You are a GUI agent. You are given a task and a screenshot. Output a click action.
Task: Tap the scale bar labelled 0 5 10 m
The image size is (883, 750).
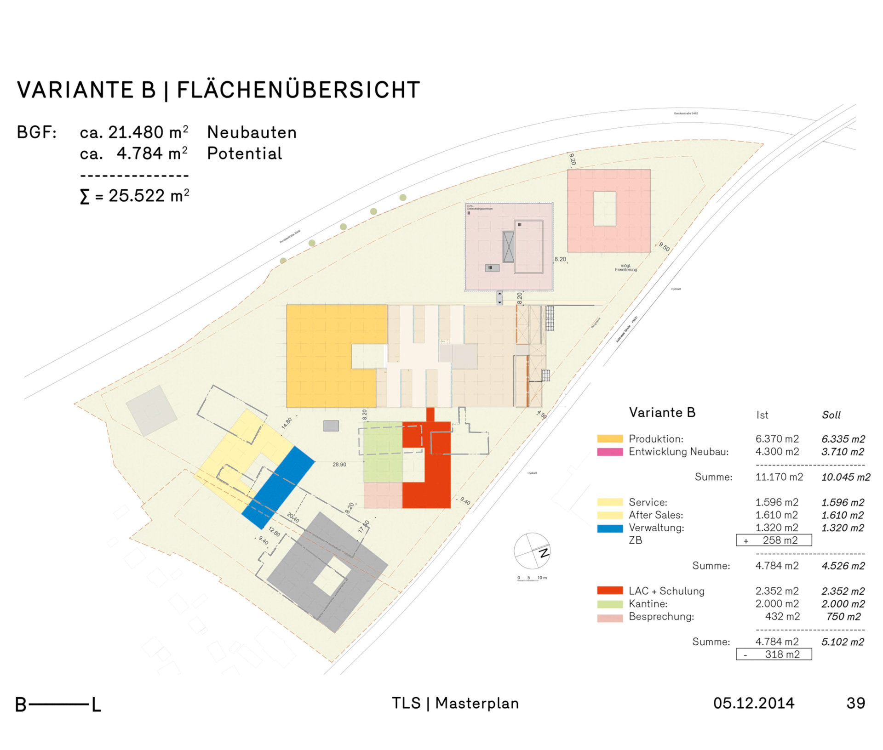(532, 579)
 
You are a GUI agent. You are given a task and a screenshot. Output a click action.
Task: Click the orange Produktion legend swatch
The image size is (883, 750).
(609, 439)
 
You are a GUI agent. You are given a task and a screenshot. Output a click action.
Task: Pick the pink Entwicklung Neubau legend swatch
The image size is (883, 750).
(609, 452)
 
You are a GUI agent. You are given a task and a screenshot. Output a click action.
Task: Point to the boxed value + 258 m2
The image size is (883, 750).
(774, 540)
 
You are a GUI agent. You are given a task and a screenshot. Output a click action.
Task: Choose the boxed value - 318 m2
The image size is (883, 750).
(774, 654)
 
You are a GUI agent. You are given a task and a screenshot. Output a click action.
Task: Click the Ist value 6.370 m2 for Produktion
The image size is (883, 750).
(777, 439)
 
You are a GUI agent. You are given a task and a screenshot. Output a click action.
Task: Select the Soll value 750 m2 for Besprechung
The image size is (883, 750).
(843, 617)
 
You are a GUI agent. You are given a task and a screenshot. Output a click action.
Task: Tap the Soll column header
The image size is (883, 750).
(831, 415)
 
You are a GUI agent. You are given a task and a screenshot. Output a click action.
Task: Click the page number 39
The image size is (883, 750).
(855, 703)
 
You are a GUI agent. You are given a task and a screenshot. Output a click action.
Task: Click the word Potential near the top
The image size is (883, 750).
(244, 153)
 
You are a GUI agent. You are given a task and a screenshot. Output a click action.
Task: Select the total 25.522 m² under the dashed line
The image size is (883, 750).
(134, 196)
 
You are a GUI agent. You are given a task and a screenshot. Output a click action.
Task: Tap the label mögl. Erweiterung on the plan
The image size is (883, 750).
(625, 267)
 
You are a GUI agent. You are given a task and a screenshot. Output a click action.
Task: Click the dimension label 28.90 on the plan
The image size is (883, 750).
(339, 465)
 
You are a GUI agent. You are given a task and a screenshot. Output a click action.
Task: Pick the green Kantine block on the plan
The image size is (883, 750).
(383, 453)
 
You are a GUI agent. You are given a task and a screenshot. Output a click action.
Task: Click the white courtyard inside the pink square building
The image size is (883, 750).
(604, 209)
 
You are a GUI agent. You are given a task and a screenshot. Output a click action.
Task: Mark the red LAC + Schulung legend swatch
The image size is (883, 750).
(609, 591)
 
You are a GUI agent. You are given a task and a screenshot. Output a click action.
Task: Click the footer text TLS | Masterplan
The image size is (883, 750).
(455, 703)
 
